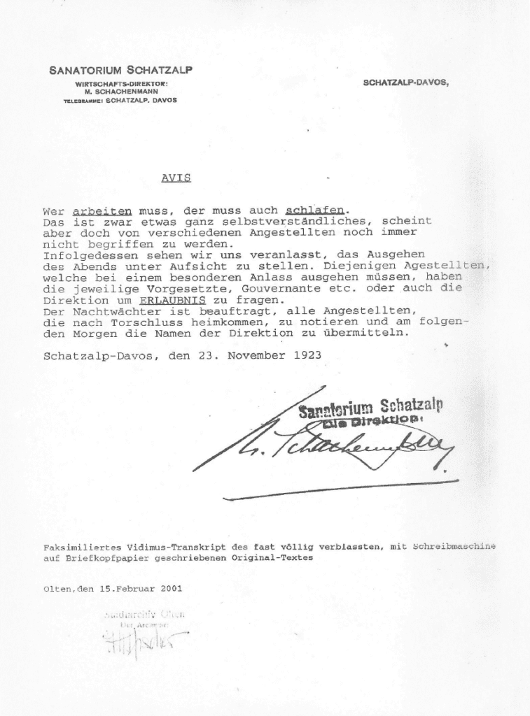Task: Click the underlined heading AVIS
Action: pos(176,178)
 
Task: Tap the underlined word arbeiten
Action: pos(102,210)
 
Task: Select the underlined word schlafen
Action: pos(315,210)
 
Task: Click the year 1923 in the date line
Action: pos(307,355)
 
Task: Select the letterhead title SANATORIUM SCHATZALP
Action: pos(121,70)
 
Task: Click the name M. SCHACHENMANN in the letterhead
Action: pos(121,92)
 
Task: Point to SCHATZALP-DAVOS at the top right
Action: pos(406,83)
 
